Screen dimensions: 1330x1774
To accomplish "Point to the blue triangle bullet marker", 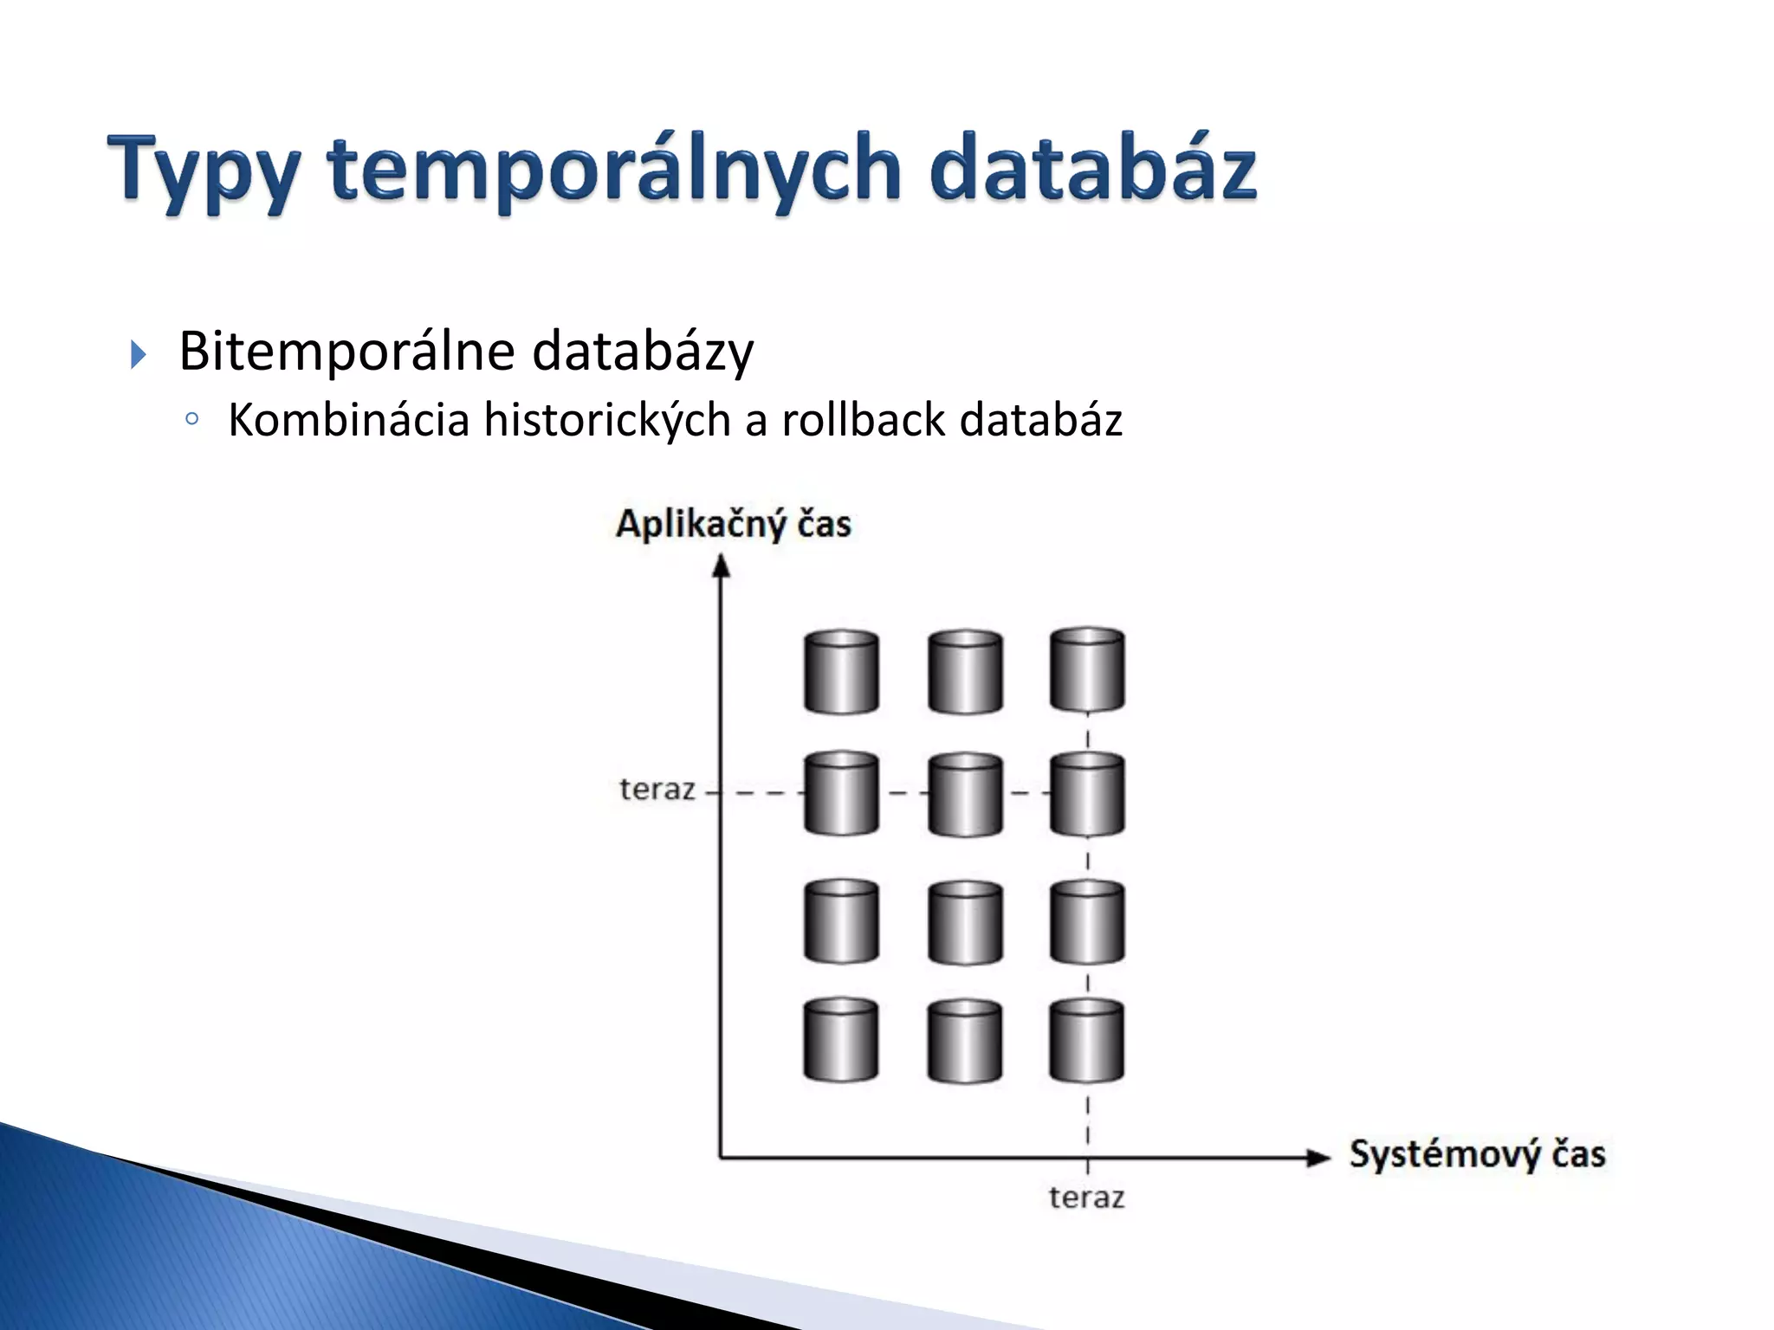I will (x=139, y=354).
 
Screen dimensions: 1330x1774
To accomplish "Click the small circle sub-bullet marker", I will (x=192, y=420).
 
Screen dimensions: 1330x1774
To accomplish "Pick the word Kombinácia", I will (x=348, y=420).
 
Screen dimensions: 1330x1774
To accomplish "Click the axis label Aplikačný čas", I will (x=733, y=525).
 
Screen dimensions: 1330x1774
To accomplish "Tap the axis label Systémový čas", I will (x=1477, y=1155).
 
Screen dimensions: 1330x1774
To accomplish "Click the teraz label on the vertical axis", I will (x=657, y=790).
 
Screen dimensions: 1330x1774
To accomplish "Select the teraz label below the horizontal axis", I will (x=1086, y=1198).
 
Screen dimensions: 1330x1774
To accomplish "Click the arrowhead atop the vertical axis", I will (x=721, y=566).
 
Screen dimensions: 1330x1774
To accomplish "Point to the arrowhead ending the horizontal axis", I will (x=1318, y=1158).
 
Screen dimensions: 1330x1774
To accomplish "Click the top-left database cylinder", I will (x=841, y=672).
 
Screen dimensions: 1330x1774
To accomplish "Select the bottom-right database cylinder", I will (x=1087, y=1041).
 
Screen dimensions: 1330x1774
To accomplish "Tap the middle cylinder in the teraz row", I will (x=965, y=794).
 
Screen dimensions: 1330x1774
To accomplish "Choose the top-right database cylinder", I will (x=1087, y=670).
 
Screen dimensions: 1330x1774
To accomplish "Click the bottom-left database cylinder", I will (x=841, y=1041).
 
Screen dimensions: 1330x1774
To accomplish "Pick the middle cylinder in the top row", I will (x=965, y=672).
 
